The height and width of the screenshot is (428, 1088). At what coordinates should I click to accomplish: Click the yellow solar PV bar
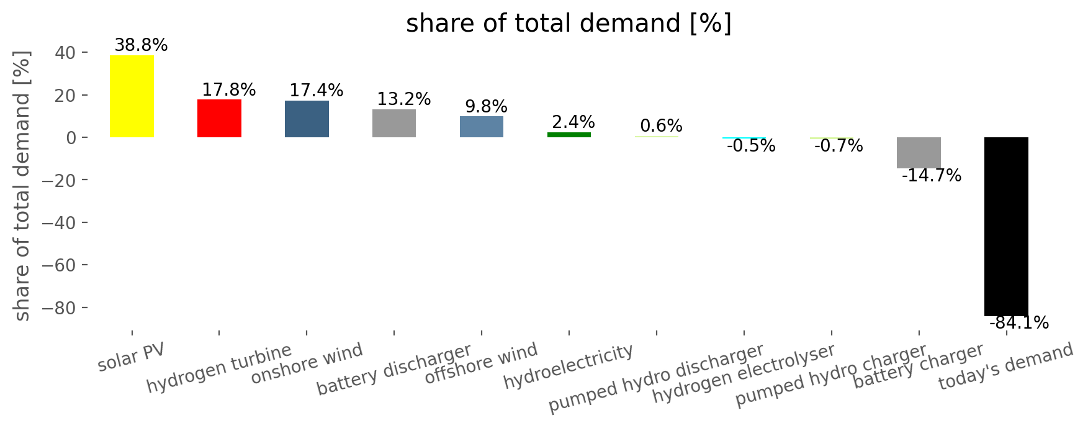click(132, 96)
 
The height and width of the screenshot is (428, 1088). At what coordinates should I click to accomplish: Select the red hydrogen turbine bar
click(219, 118)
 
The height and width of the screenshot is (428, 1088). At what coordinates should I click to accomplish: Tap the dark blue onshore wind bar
click(307, 119)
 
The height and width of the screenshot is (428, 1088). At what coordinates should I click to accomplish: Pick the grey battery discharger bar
click(394, 123)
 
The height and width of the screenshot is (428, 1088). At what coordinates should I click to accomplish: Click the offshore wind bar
click(482, 127)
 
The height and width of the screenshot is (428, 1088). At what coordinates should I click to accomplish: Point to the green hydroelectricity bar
click(569, 135)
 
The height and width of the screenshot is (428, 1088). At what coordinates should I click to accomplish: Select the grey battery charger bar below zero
click(919, 153)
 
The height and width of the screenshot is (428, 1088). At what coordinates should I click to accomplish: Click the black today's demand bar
click(1006, 227)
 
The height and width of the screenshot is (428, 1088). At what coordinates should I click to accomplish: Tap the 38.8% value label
click(141, 45)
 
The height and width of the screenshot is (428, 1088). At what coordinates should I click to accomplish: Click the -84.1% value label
click(1019, 323)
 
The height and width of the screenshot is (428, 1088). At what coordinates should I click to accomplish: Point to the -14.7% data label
click(932, 176)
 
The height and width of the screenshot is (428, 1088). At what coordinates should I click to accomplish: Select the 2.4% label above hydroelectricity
click(573, 122)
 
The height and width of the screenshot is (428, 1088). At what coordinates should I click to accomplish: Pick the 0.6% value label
click(661, 126)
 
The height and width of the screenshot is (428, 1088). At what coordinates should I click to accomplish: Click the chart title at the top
click(569, 24)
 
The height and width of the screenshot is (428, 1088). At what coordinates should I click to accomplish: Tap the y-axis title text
click(22, 186)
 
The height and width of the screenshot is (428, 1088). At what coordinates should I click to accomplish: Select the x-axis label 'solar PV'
click(132, 357)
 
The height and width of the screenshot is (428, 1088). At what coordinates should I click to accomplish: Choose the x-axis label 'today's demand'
click(1005, 366)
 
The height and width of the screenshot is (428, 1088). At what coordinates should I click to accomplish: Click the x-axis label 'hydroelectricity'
click(569, 367)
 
